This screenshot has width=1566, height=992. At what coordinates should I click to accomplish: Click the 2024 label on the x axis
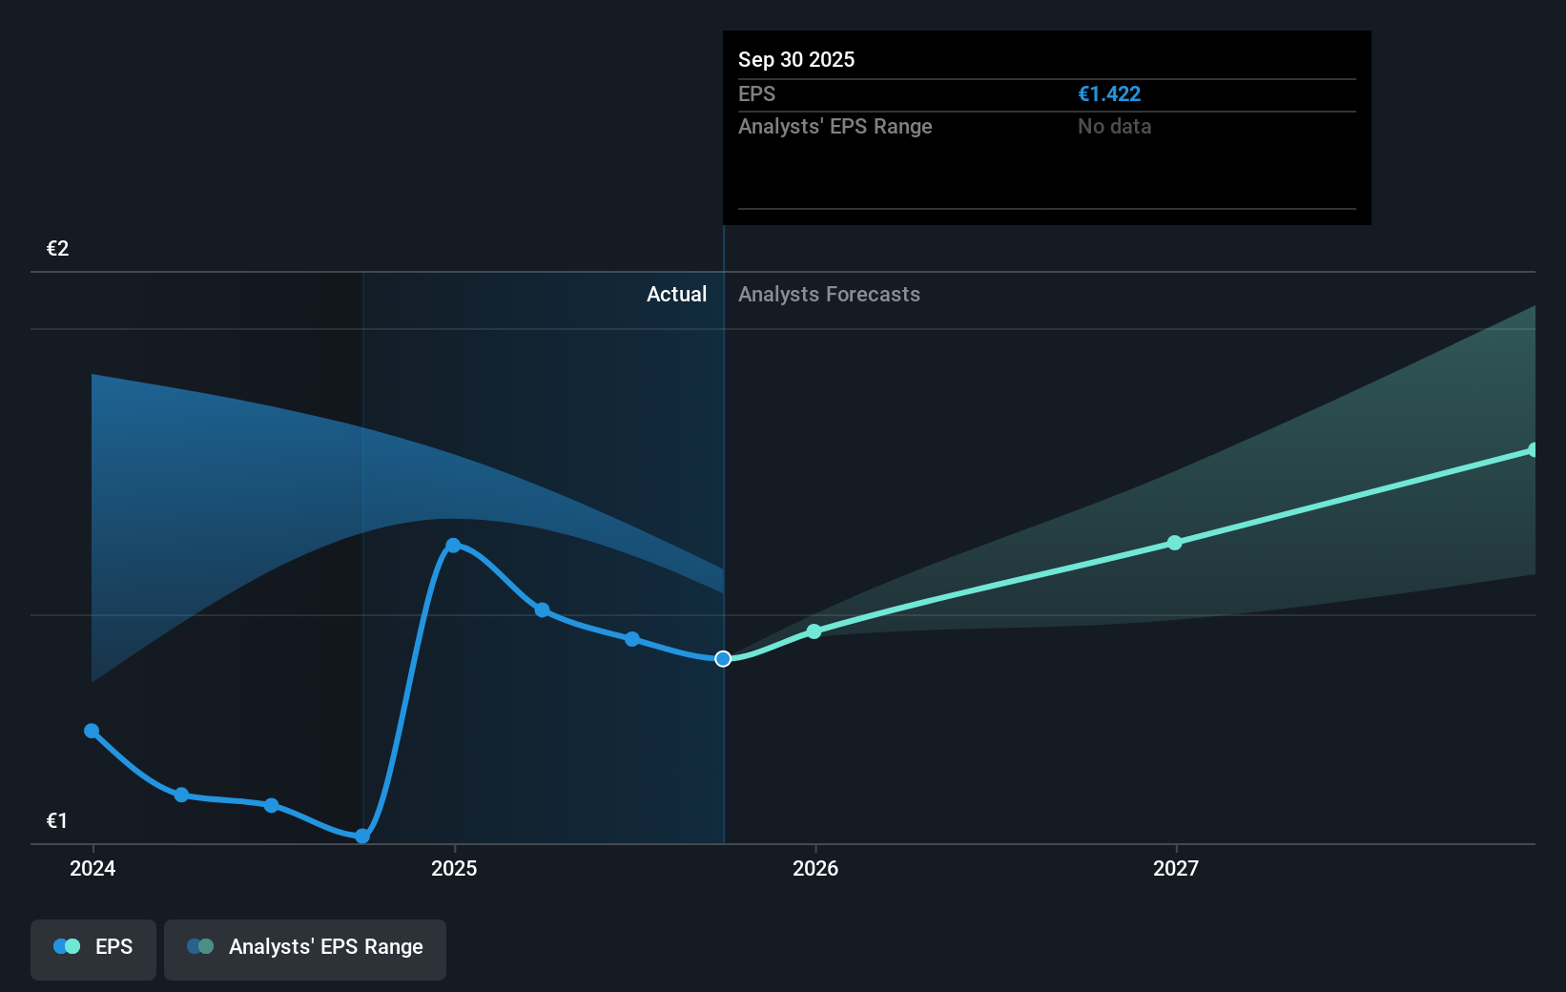point(93,868)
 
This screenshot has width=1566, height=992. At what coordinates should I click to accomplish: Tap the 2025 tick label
point(454,868)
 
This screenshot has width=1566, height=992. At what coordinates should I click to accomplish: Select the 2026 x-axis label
point(815,868)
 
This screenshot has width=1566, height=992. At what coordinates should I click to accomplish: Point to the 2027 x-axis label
point(1176,868)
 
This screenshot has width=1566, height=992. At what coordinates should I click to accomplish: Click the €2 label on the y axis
point(58,249)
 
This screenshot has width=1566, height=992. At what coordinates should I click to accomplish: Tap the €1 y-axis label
point(57,820)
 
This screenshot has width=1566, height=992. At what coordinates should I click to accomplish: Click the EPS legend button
point(93,947)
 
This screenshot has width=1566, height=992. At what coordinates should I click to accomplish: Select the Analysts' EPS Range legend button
point(305,947)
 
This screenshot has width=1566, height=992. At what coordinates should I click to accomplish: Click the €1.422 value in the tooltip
point(1109,94)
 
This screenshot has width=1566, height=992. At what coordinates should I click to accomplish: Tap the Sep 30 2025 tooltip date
point(796,60)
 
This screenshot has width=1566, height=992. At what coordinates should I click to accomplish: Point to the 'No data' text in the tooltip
point(1114,127)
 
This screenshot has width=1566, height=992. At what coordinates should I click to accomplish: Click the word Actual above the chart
point(676,295)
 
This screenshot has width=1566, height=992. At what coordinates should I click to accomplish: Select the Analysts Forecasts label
point(829,295)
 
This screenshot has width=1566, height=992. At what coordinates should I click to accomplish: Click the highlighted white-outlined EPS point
point(723,659)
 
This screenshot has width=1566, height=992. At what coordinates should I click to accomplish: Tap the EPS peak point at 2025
point(453,546)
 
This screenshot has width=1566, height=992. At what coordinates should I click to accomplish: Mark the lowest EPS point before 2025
point(362,837)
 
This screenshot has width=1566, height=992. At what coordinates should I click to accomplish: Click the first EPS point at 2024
point(92,731)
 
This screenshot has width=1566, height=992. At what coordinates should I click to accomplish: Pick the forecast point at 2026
point(814,631)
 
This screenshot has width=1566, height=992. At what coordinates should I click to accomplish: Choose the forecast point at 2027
point(1175,543)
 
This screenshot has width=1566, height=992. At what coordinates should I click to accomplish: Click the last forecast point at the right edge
point(1533,450)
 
